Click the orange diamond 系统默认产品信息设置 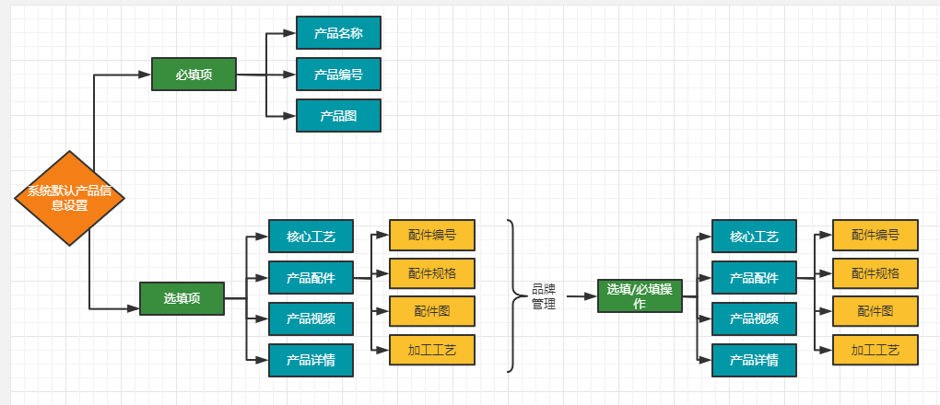coord(70,199)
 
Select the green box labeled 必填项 coord(194,75)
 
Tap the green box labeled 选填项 coord(182,298)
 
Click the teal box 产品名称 coord(338,33)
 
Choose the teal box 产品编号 coord(338,75)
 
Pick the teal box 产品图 coord(338,116)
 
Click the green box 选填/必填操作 coord(639,296)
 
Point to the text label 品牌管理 coord(544,296)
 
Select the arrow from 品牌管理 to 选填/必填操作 coord(581,296)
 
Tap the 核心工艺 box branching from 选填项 coord(311,237)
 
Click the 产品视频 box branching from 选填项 coord(311,318)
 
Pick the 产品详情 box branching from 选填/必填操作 coord(754,360)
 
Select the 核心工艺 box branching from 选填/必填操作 coord(754,237)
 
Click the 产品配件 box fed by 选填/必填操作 coord(754,277)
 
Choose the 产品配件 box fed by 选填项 coord(311,277)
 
